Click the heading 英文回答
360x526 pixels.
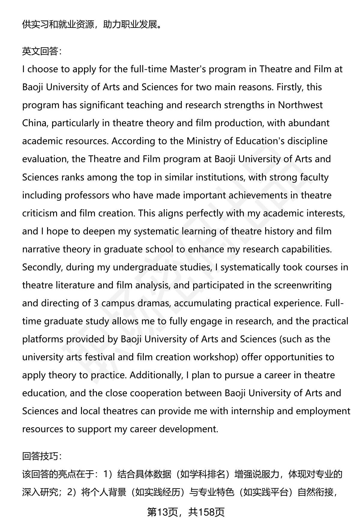click(42, 52)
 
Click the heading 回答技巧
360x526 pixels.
click(42, 456)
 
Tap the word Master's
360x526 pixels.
click(188, 69)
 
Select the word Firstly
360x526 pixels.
click(292, 87)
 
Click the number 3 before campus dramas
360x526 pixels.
click(96, 303)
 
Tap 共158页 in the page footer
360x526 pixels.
click(207, 512)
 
